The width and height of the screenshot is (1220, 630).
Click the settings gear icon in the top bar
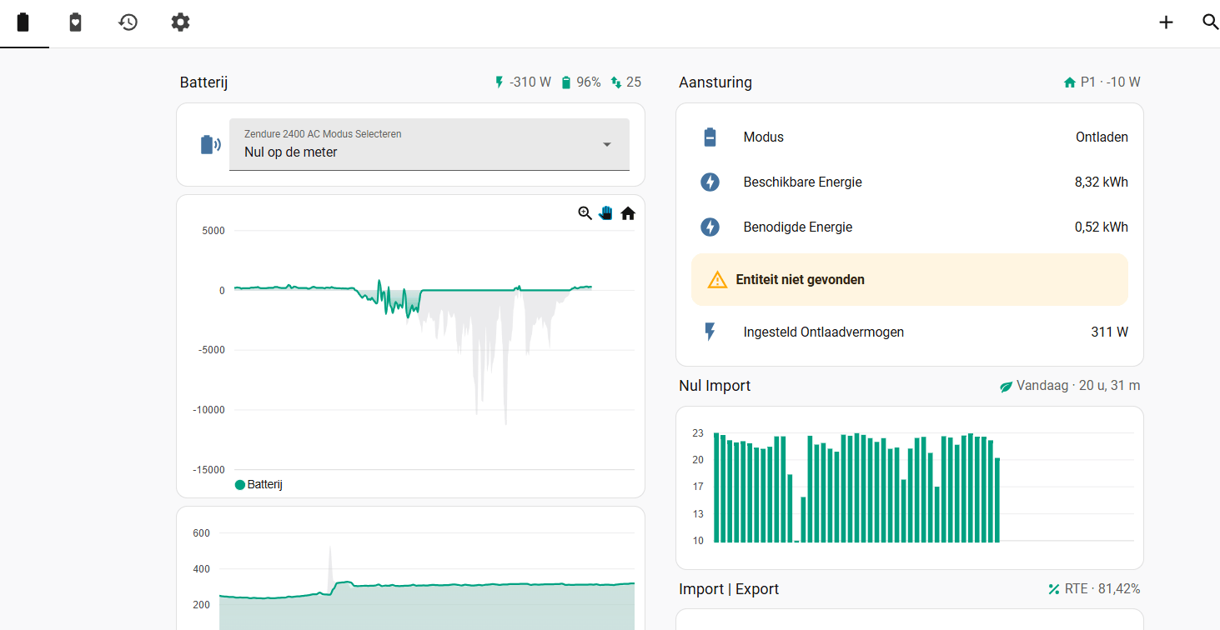click(x=180, y=22)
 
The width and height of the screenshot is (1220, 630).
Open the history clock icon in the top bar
click(x=128, y=22)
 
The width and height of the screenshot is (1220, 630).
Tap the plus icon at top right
click(x=1166, y=22)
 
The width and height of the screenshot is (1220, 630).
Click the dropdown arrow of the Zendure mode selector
click(x=607, y=145)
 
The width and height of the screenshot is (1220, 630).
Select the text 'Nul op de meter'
click(x=290, y=152)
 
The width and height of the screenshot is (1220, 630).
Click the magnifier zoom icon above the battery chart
click(x=585, y=213)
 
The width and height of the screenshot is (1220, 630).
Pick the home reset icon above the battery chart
click(x=628, y=213)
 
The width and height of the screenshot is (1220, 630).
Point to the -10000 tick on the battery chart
click(x=208, y=410)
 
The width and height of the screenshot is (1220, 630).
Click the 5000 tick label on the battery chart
click(x=213, y=231)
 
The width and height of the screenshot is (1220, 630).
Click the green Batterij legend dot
click(x=239, y=485)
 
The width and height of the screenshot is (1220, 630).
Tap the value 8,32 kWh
click(x=1101, y=182)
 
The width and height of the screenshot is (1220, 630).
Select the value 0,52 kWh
click(x=1101, y=227)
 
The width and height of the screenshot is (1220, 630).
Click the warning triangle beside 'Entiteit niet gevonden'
click(x=717, y=280)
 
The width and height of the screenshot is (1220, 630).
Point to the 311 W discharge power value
click(x=1109, y=332)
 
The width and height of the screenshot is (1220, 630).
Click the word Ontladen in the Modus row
click(x=1102, y=137)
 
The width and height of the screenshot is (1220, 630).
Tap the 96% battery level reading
click(x=588, y=82)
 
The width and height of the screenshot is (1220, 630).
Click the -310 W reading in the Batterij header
click(x=530, y=82)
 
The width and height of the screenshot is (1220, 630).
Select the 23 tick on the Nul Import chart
click(x=698, y=433)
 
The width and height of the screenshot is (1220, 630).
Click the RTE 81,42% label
click(x=1102, y=589)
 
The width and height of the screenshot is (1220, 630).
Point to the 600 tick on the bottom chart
click(x=201, y=533)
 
